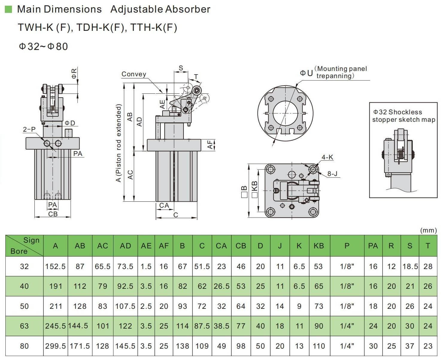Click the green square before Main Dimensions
(8, 9)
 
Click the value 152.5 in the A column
(55, 266)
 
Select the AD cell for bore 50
(125, 306)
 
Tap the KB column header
(318, 246)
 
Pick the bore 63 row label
(24, 326)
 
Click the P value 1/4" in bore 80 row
(347, 346)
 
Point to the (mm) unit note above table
(428, 230)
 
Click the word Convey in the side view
(134, 74)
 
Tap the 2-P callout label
(29, 129)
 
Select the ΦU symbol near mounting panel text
(306, 73)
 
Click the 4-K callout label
(327, 157)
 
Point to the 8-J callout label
(332, 174)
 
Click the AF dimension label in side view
(211, 145)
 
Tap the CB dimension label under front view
(53, 214)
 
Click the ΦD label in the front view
(70, 123)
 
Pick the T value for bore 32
(428, 266)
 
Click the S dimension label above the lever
(181, 68)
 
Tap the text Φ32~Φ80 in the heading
(43, 47)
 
